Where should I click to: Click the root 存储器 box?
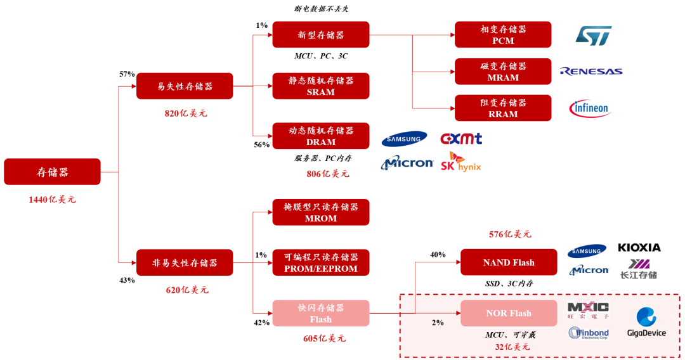coord(52,172)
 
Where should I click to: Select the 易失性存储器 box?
coord(185,86)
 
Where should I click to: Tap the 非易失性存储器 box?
coord(185,262)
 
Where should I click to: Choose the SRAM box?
coord(321,86)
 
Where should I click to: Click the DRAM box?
coord(321,136)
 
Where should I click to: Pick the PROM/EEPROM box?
coord(321,262)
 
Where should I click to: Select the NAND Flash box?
coord(509,262)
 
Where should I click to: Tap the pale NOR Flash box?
coord(509,313)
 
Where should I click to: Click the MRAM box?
coord(503,72)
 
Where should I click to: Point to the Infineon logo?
coord(589,108)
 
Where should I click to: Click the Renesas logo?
coord(590,72)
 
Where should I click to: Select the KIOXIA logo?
coord(639,248)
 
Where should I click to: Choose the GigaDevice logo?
coord(646,322)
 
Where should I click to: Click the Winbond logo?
coord(589,333)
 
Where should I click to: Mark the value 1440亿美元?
coord(52,200)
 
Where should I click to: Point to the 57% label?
coord(127,74)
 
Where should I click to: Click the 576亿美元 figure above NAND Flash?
coord(509,235)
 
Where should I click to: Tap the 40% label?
coord(438,255)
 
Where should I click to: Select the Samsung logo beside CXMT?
coord(404,139)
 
